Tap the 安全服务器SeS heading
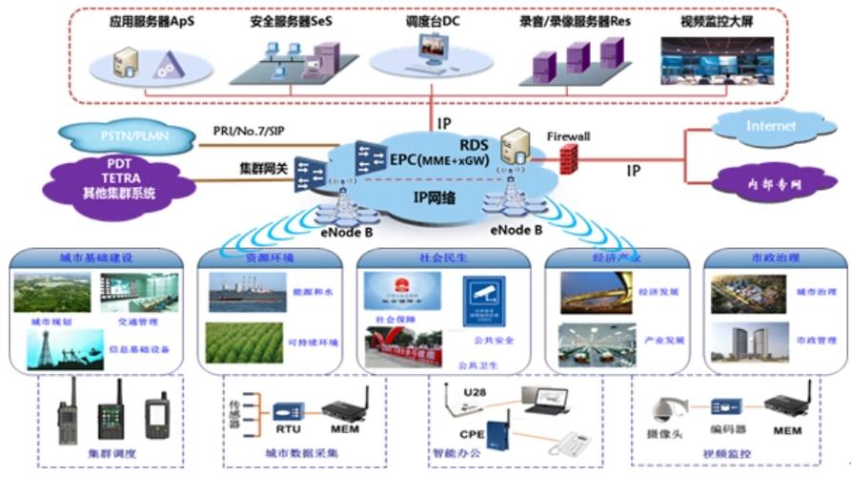pos(289,18)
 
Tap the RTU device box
pos(288,412)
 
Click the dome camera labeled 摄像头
pos(661,409)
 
